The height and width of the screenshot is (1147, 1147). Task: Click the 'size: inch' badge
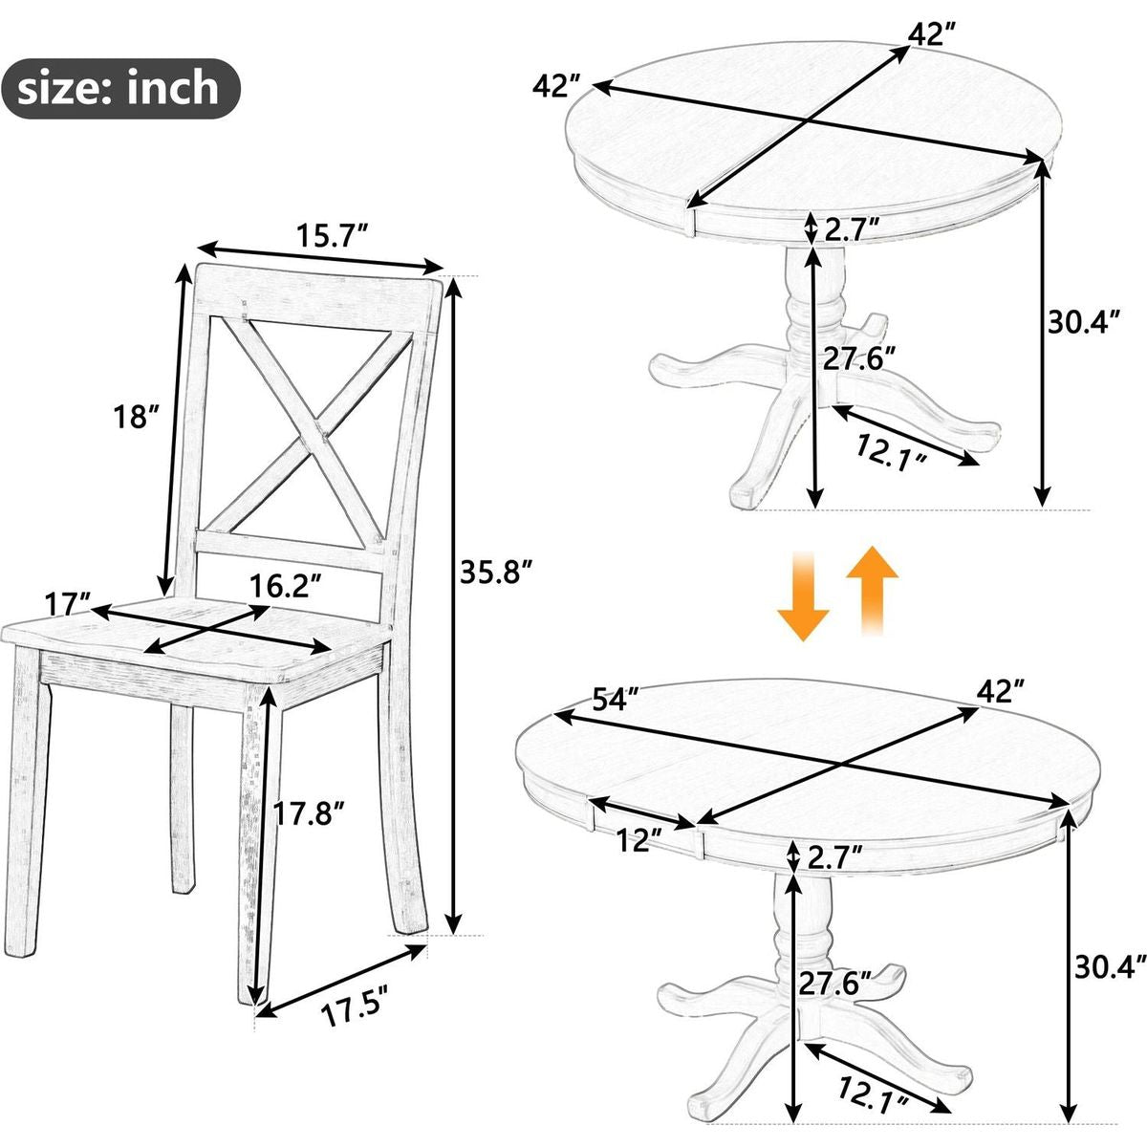point(120,89)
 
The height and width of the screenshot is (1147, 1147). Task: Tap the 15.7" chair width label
point(334,236)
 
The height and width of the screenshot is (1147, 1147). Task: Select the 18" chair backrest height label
point(138,416)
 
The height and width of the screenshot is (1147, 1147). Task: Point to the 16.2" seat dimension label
point(286,586)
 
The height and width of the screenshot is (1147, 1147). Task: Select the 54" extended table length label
point(617,699)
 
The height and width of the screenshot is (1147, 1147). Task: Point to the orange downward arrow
point(803,595)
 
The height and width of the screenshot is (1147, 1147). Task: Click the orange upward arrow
point(872,589)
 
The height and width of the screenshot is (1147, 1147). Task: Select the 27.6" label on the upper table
point(859,359)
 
